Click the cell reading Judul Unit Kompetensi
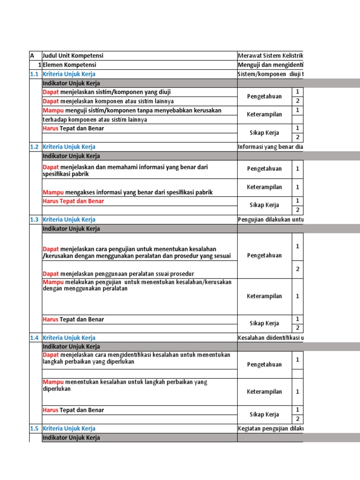73,56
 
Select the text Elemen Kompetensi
69,65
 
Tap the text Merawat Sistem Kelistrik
270,56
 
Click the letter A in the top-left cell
32,56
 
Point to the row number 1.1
34,74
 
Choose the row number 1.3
34,219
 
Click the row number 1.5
34,428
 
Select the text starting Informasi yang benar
270,147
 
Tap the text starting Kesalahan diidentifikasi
270,337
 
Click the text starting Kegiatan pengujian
270,428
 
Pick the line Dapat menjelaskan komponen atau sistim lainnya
108,101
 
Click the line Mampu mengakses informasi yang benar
127,192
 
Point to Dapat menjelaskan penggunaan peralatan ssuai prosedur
118,274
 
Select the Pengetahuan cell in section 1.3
264,255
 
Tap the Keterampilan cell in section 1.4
264,392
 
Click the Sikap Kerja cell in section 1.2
264,205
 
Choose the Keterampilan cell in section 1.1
264,114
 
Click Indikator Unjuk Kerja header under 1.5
71,437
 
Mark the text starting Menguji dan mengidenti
270,65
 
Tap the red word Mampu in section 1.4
53,382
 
